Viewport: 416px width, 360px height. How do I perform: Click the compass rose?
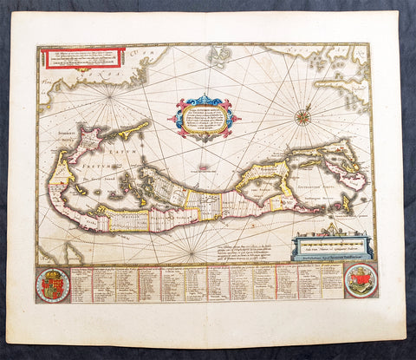[x=303, y=116]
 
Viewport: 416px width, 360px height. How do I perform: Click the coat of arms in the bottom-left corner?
[x=53, y=284]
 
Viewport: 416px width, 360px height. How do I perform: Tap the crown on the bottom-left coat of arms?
[x=53, y=272]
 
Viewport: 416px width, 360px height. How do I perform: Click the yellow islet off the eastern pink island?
[x=346, y=205]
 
